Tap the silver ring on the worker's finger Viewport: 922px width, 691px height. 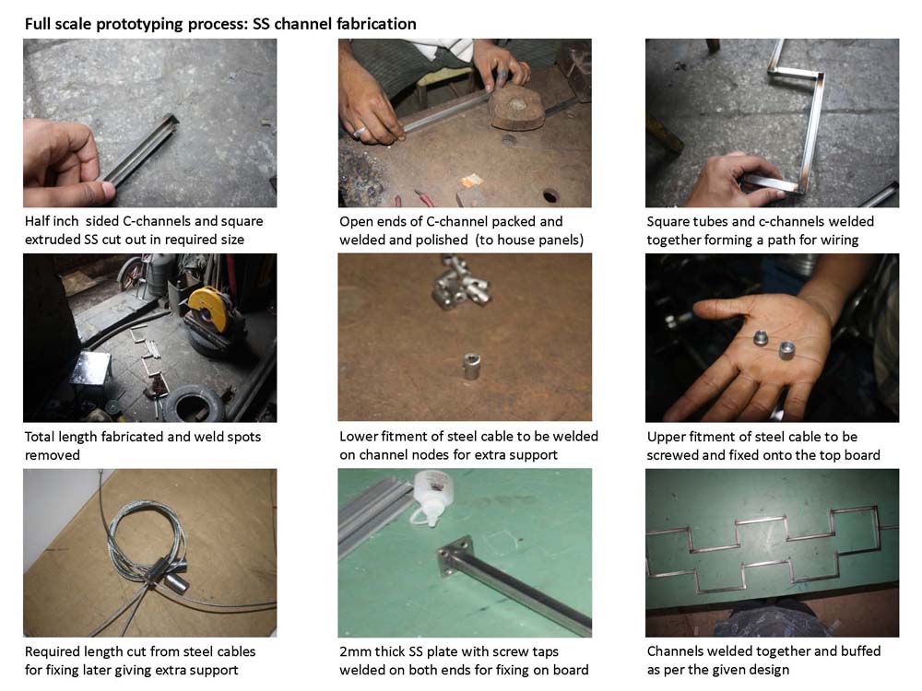click(360, 132)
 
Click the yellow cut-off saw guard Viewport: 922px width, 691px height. click(208, 306)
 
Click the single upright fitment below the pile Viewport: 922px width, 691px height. click(471, 366)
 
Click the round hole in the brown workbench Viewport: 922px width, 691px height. click(550, 195)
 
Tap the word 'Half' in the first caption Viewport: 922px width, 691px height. click(37, 221)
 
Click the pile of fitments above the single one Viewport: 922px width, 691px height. click(462, 284)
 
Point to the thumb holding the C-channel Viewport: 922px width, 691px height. click(92, 189)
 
